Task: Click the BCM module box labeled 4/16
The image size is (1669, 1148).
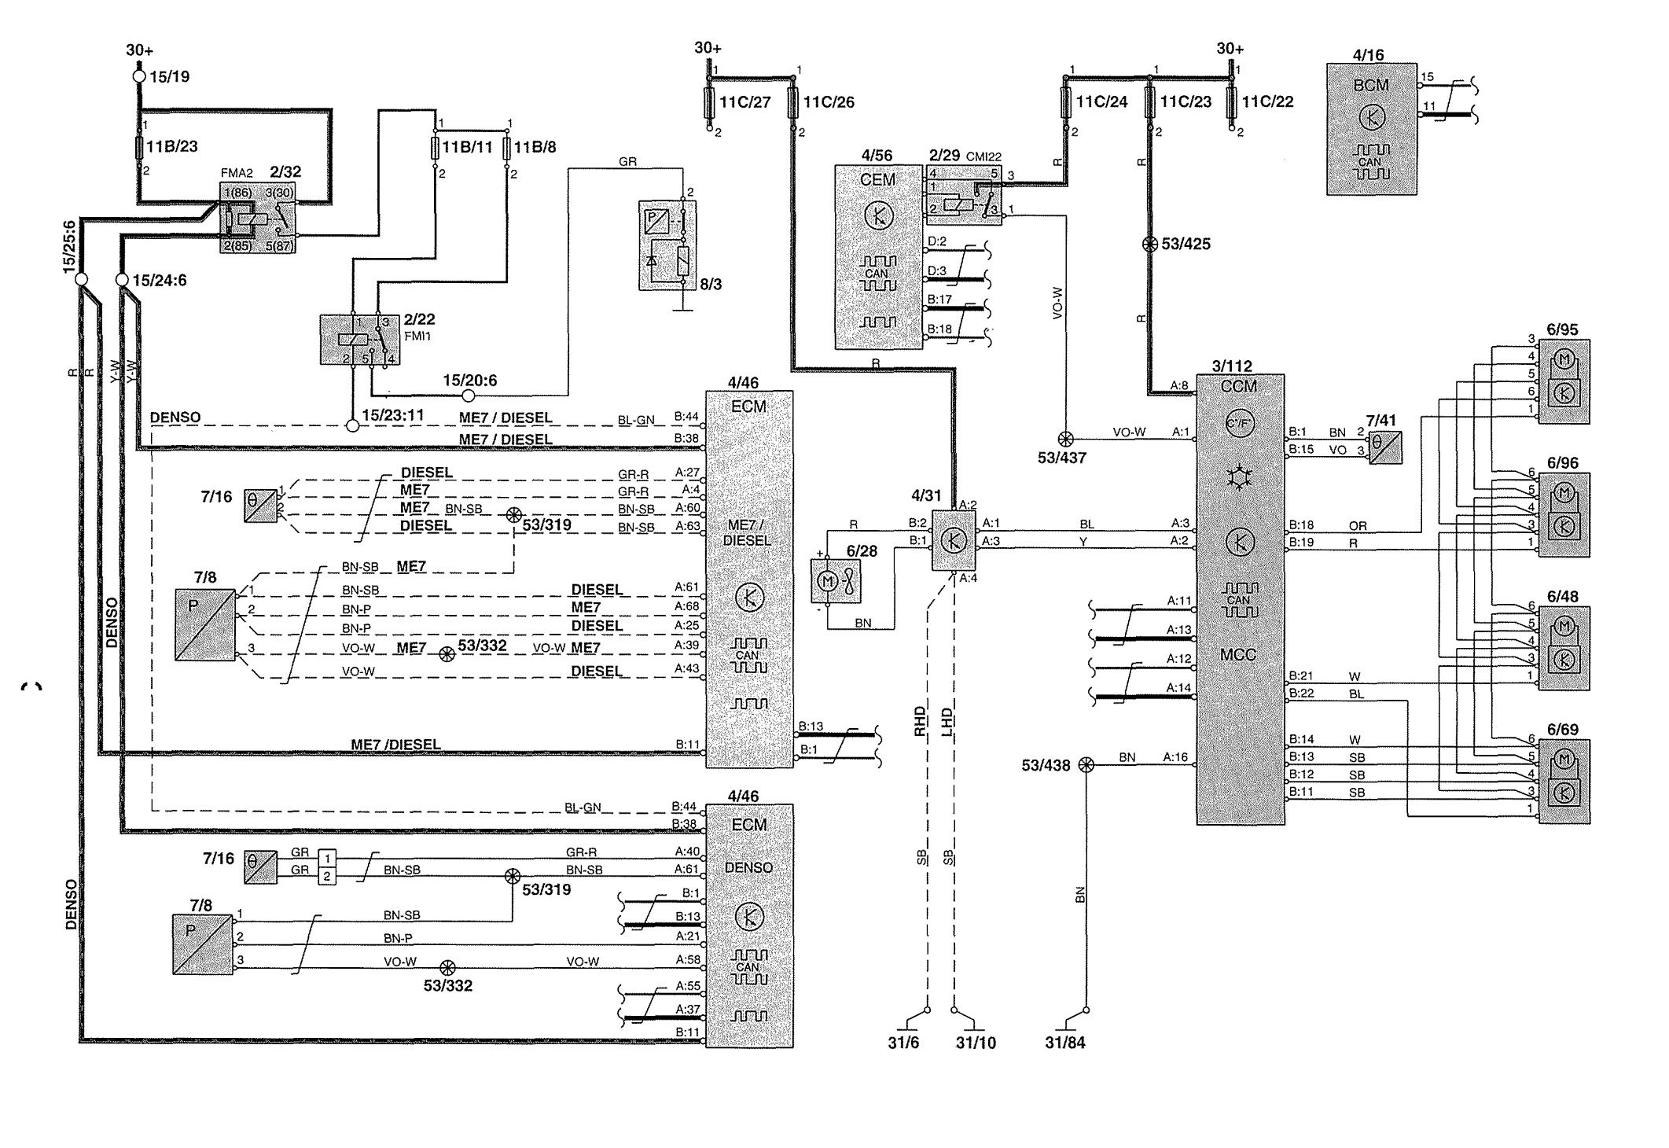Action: [x=1371, y=129]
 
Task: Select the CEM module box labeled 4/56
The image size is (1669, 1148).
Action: [x=878, y=256]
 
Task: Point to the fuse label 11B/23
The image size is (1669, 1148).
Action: [x=172, y=145]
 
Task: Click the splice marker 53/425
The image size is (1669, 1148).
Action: [x=1149, y=244]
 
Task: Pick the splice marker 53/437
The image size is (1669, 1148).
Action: [x=1066, y=440]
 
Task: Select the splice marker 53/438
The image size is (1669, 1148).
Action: [x=1086, y=764]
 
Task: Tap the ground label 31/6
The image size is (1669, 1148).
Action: [x=903, y=1043]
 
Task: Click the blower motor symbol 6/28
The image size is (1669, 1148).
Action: [x=836, y=582]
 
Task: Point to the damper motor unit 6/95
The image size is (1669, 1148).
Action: [x=1564, y=381]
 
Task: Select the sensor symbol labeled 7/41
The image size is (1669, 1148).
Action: [x=1384, y=448]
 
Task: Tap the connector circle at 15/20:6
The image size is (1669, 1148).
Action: [x=469, y=396]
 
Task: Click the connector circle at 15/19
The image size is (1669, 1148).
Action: [x=139, y=76]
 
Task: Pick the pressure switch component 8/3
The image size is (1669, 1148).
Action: [x=667, y=245]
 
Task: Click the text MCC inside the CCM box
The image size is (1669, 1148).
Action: [x=1238, y=654]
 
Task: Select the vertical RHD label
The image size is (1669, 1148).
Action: [x=920, y=721]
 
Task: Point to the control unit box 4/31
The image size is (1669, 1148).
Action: [x=954, y=540]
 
